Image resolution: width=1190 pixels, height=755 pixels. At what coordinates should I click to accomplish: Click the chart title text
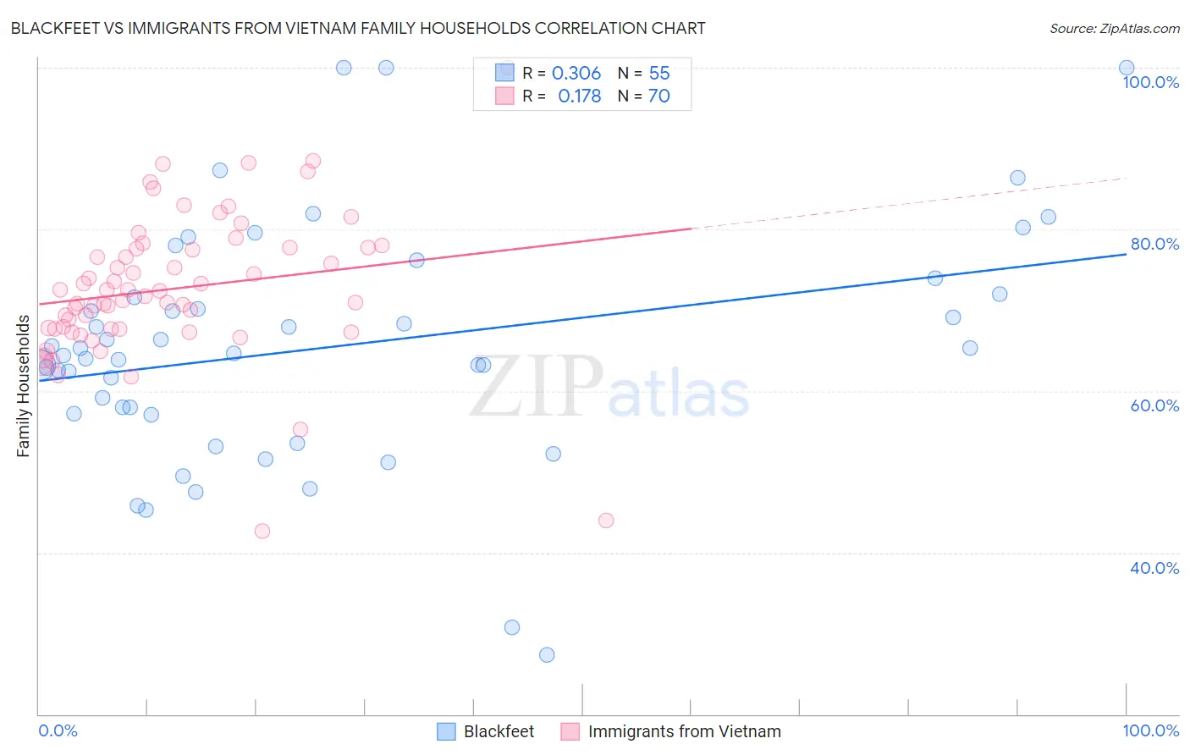point(358,28)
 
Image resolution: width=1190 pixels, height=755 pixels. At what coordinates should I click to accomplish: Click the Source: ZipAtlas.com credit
point(1114,28)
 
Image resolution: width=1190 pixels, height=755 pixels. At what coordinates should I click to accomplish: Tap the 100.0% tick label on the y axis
point(1150,82)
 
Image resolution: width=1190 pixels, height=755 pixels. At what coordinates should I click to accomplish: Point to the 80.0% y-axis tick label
point(1154,244)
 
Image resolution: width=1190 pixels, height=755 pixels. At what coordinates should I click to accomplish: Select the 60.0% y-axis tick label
point(1154,405)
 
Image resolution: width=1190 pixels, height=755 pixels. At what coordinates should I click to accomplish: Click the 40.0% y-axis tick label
point(1154,568)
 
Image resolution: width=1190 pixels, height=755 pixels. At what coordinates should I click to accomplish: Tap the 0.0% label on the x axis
point(58,730)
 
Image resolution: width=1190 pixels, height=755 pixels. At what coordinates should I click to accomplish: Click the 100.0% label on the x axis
point(1150,730)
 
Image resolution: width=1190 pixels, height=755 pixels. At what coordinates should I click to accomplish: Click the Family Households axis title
point(23,386)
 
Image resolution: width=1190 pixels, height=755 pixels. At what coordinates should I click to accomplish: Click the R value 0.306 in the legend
point(576,73)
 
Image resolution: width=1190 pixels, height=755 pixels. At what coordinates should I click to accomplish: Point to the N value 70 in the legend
point(658,96)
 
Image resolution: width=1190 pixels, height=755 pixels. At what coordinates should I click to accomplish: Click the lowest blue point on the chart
point(547,654)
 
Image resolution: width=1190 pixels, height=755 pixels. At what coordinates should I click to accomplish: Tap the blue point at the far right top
point(1127,68)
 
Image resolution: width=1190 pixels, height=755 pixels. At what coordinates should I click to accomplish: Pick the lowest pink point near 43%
point(262,531)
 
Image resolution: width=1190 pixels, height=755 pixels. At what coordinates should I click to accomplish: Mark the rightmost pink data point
point(606,520)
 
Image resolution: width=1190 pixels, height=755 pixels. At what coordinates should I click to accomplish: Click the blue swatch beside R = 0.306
point(504,73)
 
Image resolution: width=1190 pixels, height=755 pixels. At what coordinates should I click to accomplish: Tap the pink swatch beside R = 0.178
point(504,96)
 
